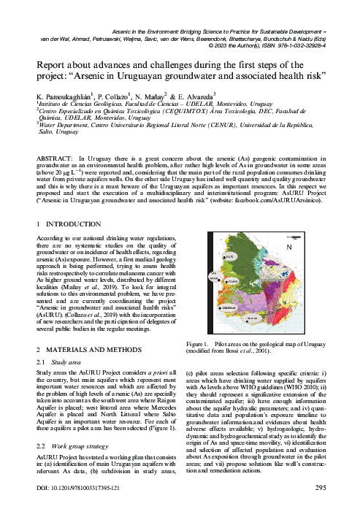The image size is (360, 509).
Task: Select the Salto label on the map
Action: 228,257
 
